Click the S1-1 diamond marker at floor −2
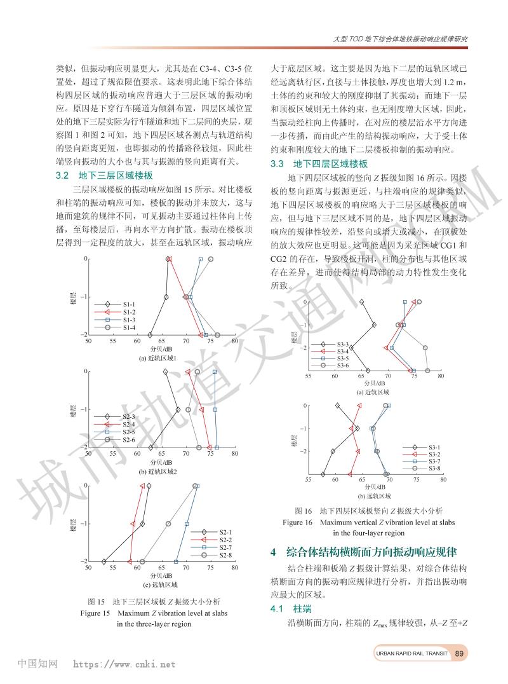pos(150,335)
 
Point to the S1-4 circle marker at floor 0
pos(211,259)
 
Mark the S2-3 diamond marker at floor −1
pos(178,410)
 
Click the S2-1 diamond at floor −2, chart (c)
pos(104,561)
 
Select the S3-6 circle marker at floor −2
pos(425,348)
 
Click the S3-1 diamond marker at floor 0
pos(338,405)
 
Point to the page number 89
pos(461,653)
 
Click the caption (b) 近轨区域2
pos(159,471)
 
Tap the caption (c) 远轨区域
pos(159,584)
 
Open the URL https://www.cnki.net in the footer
pos(124,664)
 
